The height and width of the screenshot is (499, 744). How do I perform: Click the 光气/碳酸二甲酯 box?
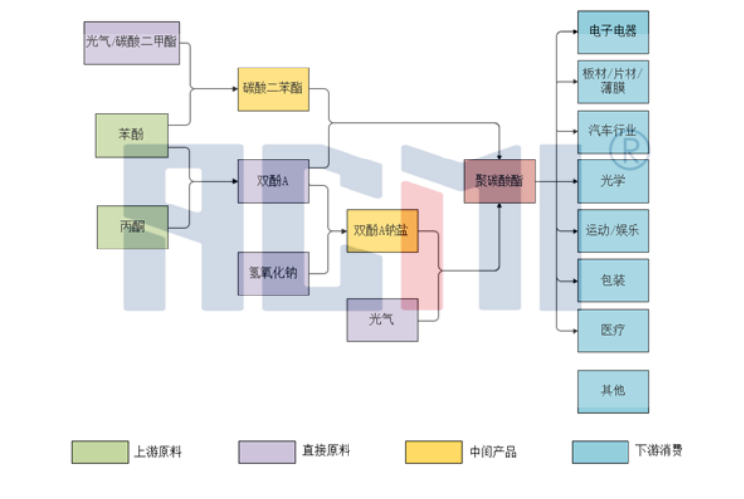click(x=132, y=42)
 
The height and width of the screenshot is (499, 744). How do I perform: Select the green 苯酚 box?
click(x=131, y=135)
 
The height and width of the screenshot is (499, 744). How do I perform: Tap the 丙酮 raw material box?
click(x=131, y=227)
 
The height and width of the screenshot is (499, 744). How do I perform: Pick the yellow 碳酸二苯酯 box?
click(x=273, y=88)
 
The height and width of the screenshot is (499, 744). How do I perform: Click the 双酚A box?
click(x=273, y=181)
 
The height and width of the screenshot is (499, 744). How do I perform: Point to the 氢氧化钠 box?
click(x=273, y=273)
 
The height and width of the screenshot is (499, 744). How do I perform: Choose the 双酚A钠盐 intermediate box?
click(x=382, y=231)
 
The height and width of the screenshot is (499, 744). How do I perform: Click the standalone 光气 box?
click(x=382, y=320)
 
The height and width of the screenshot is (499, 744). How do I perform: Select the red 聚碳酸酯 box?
click(x=499, y=181)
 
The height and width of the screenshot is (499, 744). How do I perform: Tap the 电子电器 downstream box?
click(x=613, y=31)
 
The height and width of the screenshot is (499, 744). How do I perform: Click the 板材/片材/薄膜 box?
click(x=613, y=81)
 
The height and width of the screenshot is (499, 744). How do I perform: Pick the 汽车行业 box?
click(x=613, y=130)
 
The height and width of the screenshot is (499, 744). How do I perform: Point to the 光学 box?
click(x=613, y=181)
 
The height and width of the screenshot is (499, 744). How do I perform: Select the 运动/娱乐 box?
click(x=613, y=231)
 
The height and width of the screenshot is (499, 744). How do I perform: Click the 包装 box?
click(x=613, y=281)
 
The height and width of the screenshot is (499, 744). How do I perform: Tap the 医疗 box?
click(x=613, y=331)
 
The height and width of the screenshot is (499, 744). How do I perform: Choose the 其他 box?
click(x=613, y=390)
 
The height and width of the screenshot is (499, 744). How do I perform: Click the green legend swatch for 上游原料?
click(x=100, y=452)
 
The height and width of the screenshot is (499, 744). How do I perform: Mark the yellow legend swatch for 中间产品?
click(x=434, y=452)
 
